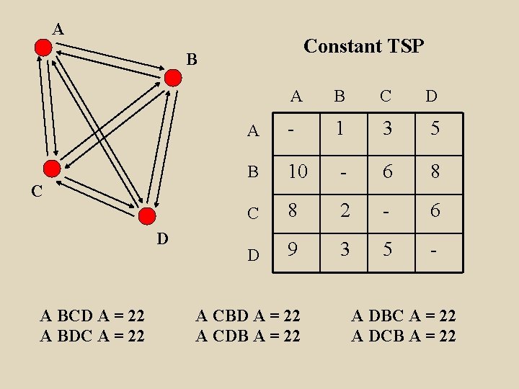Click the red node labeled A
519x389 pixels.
pyautogui.click(x=43, y=48)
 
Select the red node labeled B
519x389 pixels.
pyautogui.click(x=174, y=78)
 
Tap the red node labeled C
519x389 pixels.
pyautogui.click(x=52, y=169)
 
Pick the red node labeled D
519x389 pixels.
pyautogui.click(x=146, y=215)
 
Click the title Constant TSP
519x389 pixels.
pyautogui.click(x=363, y=46)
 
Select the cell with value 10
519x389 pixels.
pyautogui.click(x=298, y=171)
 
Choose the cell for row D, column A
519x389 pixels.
pyautogui.click(x=293, y=250)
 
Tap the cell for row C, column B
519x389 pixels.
pyautogui.click(x=343, y=211)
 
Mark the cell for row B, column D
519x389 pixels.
pyautogui.click(x=434, y=171)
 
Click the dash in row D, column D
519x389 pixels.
pyautogui.click(x=434, y=250)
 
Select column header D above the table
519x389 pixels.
pyautogui.click(x=431, y=96)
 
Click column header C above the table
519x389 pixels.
pyautogui.click(x=386, y=96)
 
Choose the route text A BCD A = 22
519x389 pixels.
pyautogui.click(x=92, y=316)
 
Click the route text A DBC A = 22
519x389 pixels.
pyautogui.click(x=404, y=316)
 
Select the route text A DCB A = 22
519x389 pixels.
pyautogui.click(x=404, y=336)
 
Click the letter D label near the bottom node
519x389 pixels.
pyautogui.click(x=163, y=237)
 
